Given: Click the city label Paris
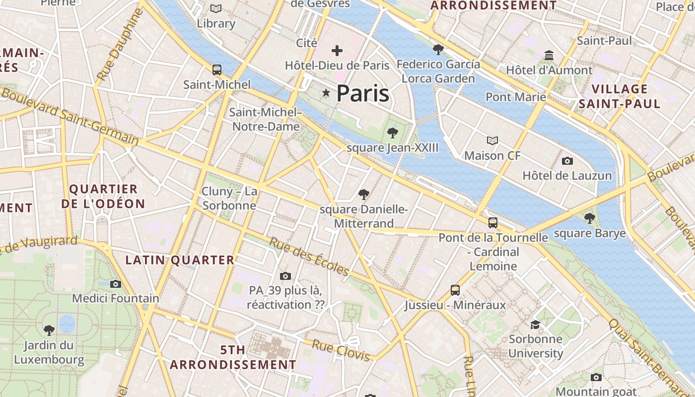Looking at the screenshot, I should click(363, 93).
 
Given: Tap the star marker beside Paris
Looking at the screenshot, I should click(326, 93).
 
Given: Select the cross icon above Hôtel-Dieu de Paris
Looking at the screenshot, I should click(337, 50).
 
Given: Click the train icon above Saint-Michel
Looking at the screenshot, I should click(217, 70).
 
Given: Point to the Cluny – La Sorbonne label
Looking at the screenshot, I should click(229, 198).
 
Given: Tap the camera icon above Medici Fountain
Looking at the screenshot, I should click(116, 284).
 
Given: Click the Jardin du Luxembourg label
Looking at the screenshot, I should click(49, 352).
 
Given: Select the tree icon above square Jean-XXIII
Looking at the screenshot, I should click(393, 132).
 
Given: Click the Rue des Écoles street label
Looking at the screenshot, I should click(309, 256).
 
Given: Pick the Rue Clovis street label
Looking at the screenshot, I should click(341, 350).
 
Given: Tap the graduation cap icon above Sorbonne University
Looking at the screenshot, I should click(535, 325).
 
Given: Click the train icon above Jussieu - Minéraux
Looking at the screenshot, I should click(455, 290).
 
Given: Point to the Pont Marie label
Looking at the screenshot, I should click(516, 97).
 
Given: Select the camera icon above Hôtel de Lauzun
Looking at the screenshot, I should click(567, 161).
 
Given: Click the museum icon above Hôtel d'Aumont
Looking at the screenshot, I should click(549, 55).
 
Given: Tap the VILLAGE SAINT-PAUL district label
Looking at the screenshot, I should click(620, 96).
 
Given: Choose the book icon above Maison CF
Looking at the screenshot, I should click(492, 141).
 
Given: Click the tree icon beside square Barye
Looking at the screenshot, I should click(589, 218).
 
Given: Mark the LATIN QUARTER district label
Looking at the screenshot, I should click(180, 260).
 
